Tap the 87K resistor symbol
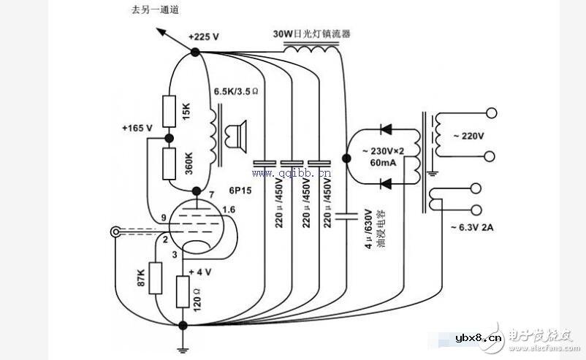pyautogui.click(x=154, y=278)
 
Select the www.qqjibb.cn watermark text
pyautogui.click(x=292, y=174)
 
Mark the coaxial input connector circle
pyautogui.click(x=115, y=233)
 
